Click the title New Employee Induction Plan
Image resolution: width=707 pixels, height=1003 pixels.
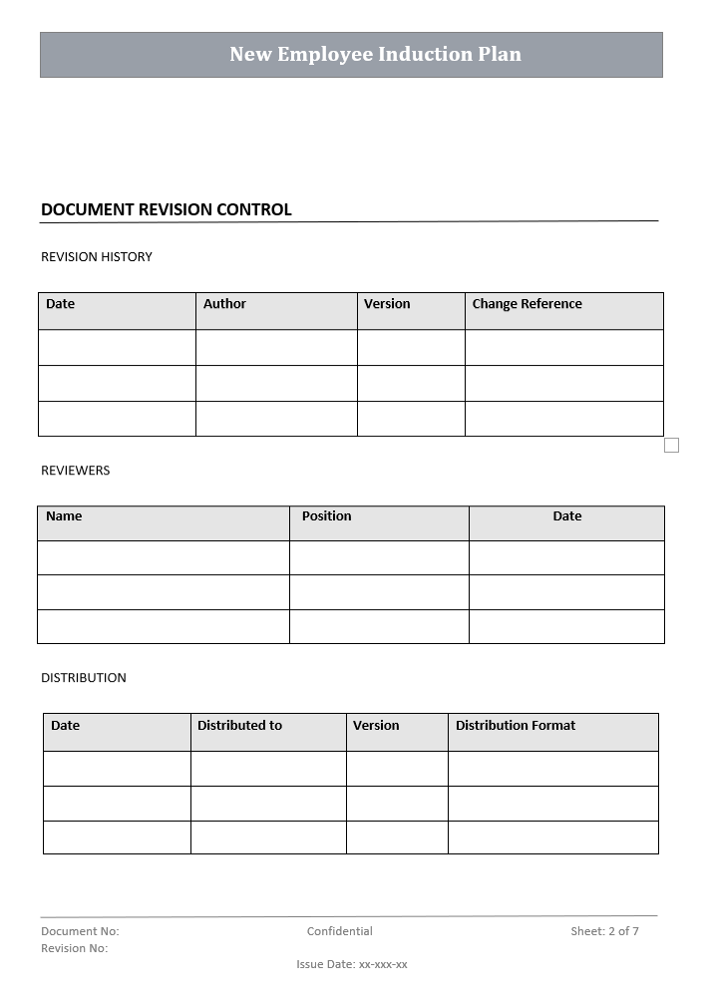point(375,54)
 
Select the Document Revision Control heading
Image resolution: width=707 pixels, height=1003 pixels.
point(166,209)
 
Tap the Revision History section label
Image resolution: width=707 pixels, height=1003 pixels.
point(97,257)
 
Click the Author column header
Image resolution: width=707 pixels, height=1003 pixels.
point(224,304)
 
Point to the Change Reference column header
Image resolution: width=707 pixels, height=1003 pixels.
point(527,304)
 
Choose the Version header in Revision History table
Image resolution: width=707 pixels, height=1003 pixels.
point(387,304)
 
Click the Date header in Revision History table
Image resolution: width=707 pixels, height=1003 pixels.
point(61,304)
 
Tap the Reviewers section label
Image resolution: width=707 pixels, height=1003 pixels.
point(76,471)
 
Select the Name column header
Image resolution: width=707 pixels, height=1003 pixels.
point(64,516)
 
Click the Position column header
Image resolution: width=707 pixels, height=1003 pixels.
point(327,516)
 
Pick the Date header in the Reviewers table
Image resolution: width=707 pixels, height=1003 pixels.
point(567,516)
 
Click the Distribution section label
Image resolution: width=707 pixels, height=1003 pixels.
point(84,678)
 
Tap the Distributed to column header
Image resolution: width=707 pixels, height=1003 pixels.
point(239,726)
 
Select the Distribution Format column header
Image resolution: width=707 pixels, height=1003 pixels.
point(516,726)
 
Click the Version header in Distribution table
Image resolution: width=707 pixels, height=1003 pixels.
point(376,726)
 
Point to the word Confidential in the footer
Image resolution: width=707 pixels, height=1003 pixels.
point(340,931)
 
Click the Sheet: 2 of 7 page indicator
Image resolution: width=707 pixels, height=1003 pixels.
point(604,931)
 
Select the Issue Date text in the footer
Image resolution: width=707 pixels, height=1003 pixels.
point(352,964)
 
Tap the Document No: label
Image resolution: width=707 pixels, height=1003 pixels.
point(80,931)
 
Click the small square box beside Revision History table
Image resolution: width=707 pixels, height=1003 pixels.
point(671,445)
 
